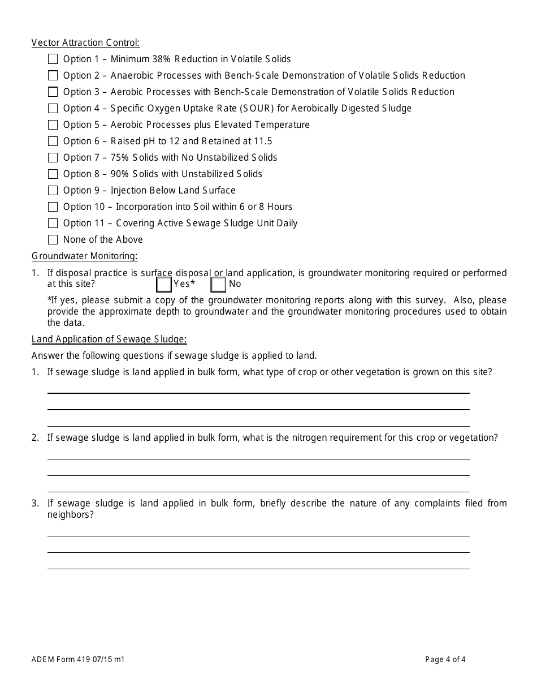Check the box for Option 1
[53, 59]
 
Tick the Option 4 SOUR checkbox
[53, 108]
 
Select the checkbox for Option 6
[53, 141]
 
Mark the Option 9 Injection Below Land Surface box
[53, 190]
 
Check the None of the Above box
[53, 239]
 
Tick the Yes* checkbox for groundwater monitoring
[164, 284]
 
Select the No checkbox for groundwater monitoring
[218, 284]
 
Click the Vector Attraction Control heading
[85, 42]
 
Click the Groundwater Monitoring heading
[84, 256]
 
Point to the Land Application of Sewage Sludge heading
[109, 339]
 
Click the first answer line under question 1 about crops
[258, 392]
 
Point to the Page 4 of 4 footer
[445, 659]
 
